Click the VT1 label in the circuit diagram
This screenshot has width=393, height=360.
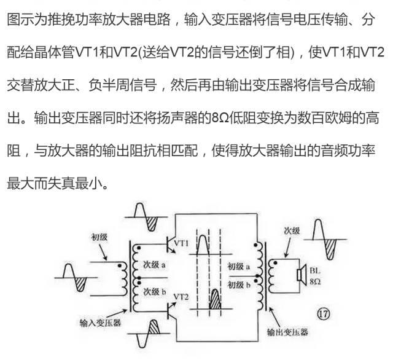pos(182,243)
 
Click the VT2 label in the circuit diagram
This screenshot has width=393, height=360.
pos(182,297)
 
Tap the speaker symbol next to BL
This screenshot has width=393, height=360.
pos(301,275)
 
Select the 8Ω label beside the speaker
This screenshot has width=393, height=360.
pos(315,280)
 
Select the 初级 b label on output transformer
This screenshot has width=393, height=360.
pos(238,284)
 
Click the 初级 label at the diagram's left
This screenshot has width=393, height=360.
pos(100,236)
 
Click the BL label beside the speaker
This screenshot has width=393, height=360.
pos(315,270)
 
